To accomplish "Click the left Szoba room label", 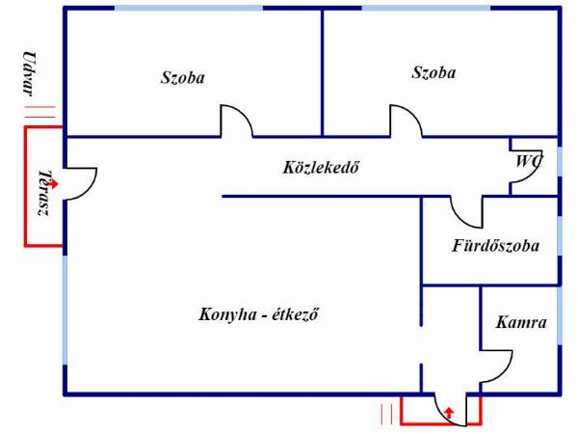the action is click(182, 78).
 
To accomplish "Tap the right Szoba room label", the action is click(433, 72).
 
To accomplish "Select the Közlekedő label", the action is click(321, 167).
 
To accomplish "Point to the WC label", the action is click(529, 161).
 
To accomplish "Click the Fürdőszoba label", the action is click(496, 246).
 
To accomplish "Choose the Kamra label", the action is click(521, 322).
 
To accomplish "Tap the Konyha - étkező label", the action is click(258, 314).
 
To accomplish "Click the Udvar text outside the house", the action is click(30, 74).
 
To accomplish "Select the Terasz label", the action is click(44, 192).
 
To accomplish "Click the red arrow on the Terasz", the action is click(53, 183).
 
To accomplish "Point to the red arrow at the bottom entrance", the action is click(449, 413).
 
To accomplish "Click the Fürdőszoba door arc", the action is click(460, 219).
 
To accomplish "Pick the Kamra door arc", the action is click(503, 373).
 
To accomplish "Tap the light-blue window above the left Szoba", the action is click(189, 8).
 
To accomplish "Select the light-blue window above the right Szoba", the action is click(426, 8).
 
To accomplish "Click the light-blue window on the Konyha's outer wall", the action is click(66, 310).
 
